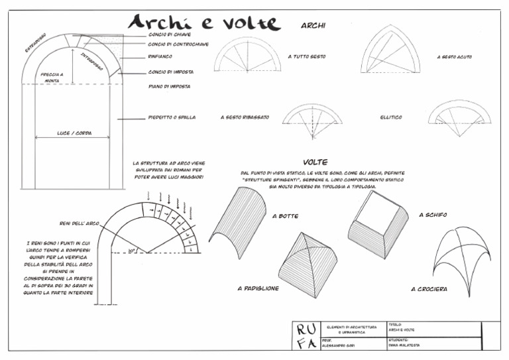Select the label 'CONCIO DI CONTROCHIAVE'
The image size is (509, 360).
pyautogui.click(x=178, y=45)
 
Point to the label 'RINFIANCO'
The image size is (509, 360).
pyautogui.click(x=161, y=57)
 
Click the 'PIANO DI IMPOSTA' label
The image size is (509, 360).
pyautogui.click(x=170, y=86)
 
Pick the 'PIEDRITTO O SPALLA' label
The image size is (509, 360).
pyautogui.click(x=172, y=117)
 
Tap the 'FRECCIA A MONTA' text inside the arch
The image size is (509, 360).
pyautogui.click(x=52, y=77)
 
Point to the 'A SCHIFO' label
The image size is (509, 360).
pyautogui.click(x=432, y=215)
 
